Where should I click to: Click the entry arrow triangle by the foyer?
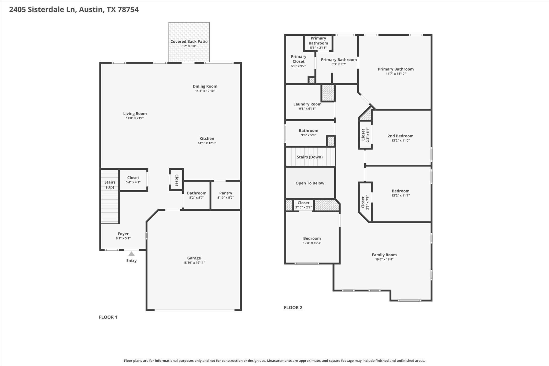[x=131, y=254]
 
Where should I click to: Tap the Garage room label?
[x=194, y=258]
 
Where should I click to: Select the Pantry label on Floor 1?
[x=226, y=193]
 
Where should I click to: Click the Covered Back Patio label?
[x=189, y=42]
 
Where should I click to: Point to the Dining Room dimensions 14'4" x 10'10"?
[x=205, y=91]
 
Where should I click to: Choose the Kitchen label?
[x=207, y=139]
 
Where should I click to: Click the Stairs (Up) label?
[x=110, y=185]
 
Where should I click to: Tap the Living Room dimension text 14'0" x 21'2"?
[x=135, y=118]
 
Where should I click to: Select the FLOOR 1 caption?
[x=108, y=317]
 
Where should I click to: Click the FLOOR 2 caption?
[x=293, y=308]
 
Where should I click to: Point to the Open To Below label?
[x=310, y=183]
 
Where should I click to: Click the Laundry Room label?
[x=307, y=104]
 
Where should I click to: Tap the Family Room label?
[x=384, y=255]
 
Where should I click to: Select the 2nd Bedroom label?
[x=400, y=136]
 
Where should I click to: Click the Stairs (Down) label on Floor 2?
[x=310, y=157]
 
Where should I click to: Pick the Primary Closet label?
[x=299, y=59]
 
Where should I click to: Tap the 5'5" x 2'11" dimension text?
[x=318, y=48]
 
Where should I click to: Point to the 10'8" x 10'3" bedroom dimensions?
[x=312, y=243]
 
